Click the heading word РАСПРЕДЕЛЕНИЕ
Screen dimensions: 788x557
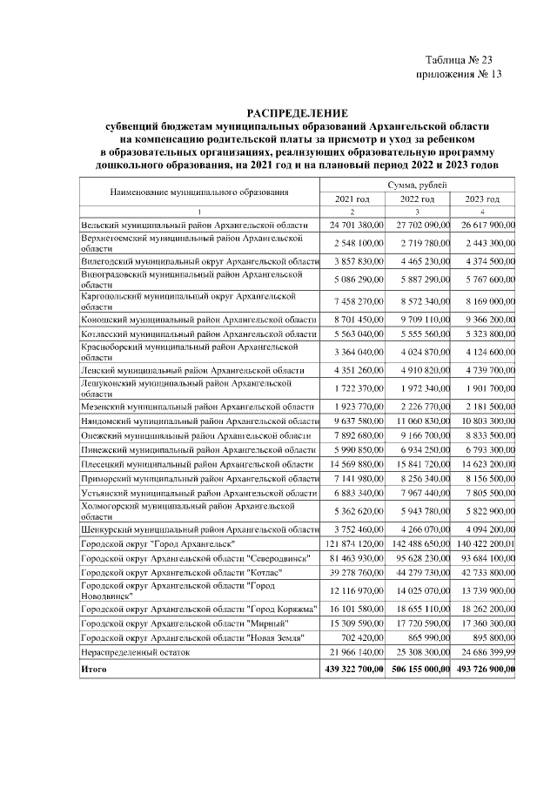297,113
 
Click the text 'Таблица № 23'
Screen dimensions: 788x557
459,60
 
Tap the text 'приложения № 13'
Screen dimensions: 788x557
460,74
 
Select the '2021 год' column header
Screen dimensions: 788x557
352,199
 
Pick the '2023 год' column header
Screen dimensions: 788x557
481,199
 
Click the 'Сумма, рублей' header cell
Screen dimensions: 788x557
417,185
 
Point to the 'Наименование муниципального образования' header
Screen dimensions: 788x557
199,191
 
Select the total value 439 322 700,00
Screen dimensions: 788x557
352,670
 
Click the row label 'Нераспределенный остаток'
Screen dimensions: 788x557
131,651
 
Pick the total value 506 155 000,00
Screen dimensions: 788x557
417,670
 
